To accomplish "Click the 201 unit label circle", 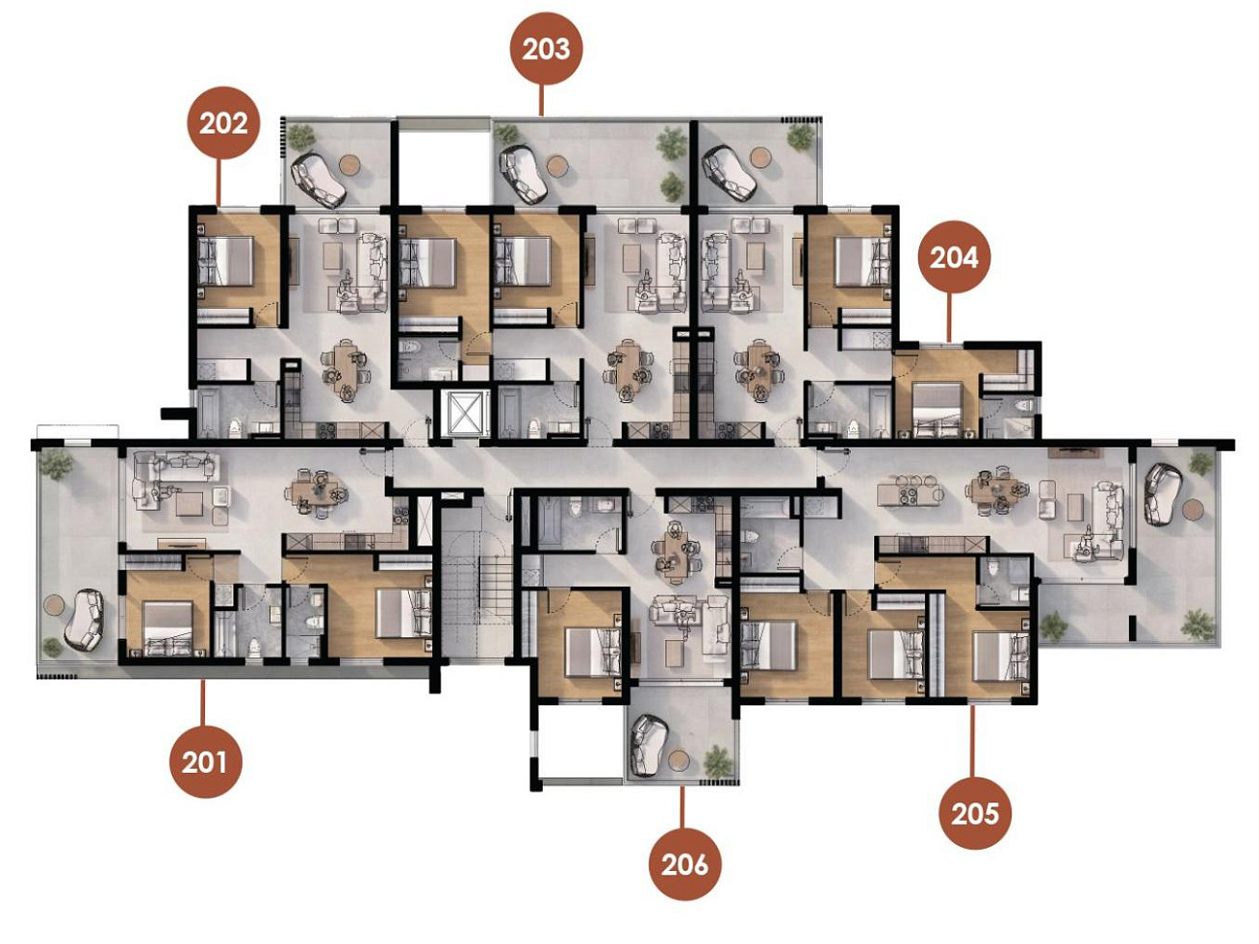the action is (x=206, y=762).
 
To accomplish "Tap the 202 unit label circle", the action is (x=223, y=122).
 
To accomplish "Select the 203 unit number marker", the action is (x=546, y=49).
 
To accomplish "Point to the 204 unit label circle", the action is (x=954, y=257).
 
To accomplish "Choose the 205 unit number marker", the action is (x=975, y=813).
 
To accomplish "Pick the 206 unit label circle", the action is (x=685, y=864).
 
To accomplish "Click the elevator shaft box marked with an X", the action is (x=462, y=412).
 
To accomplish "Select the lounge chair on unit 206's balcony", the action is (x=650, y=745).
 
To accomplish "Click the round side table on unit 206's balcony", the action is (x=680, y=760).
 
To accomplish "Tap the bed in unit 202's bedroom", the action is (x=225, y=262).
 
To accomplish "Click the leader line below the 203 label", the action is (x=540, y=100).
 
